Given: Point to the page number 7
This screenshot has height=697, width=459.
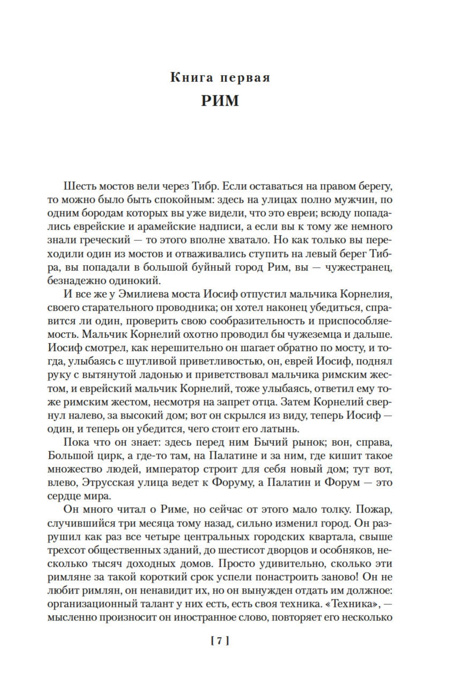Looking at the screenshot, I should (220, 652).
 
